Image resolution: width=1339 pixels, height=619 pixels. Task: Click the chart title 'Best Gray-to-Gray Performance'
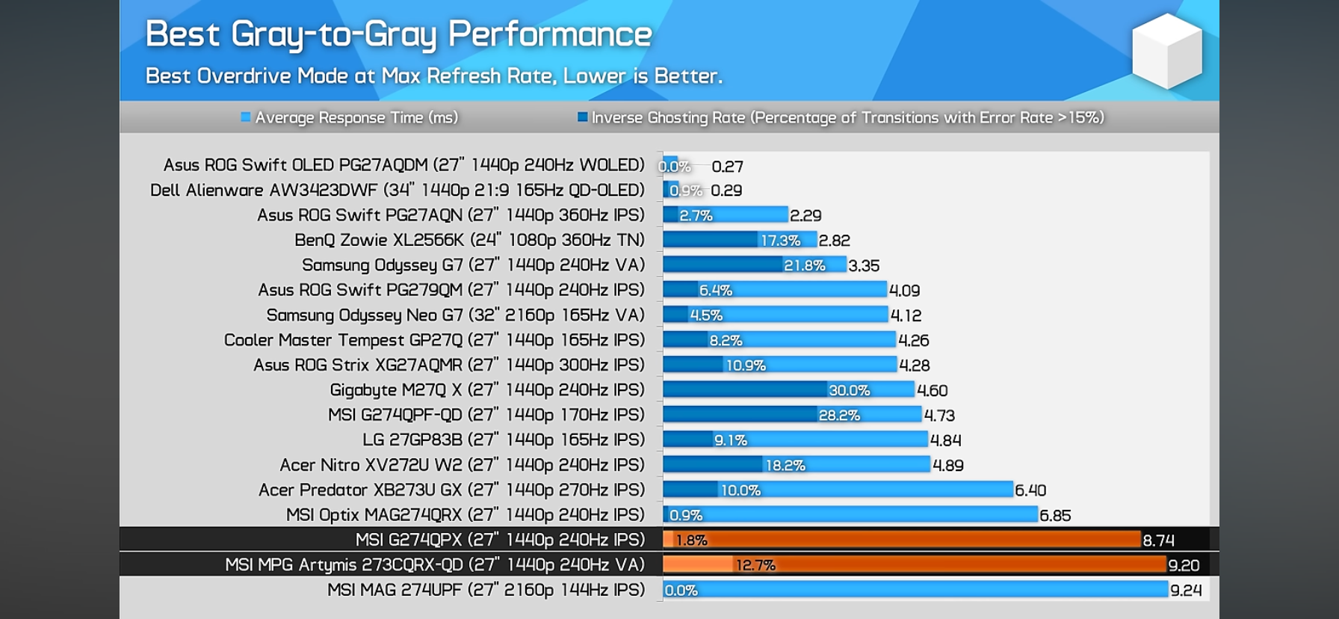(398, 34)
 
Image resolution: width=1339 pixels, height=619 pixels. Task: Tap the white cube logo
(1166, 52)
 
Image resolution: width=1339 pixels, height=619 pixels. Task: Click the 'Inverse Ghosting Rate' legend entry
(841, 117)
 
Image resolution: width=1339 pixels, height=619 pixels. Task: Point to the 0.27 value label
(727, 167)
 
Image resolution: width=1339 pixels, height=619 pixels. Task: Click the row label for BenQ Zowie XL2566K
(469, 240)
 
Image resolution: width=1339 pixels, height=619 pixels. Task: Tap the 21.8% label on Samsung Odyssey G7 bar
(804, 265)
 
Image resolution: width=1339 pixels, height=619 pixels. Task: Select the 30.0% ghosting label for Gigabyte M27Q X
(849, 390)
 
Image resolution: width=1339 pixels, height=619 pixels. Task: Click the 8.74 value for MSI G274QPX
(1158, 541)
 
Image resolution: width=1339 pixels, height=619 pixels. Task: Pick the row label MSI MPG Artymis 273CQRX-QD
(434, 564)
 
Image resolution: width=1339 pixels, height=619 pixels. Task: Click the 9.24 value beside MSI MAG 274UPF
(1186, 591)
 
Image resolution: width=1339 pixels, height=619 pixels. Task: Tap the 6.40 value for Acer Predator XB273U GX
(1030, 490)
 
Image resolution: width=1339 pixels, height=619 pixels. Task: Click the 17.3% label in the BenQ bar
(780, 241)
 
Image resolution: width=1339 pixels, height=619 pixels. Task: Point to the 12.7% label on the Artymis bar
(755, 565)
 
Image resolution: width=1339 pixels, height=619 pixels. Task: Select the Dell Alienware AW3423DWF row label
(397, 190)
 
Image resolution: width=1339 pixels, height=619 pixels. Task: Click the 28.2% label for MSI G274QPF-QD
(839, 416)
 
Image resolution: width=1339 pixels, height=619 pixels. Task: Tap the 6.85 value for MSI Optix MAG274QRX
(1055, 516)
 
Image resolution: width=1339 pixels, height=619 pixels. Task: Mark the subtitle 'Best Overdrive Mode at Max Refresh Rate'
(433, 76)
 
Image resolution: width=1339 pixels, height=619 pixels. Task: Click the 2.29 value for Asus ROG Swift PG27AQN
(805, 216)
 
